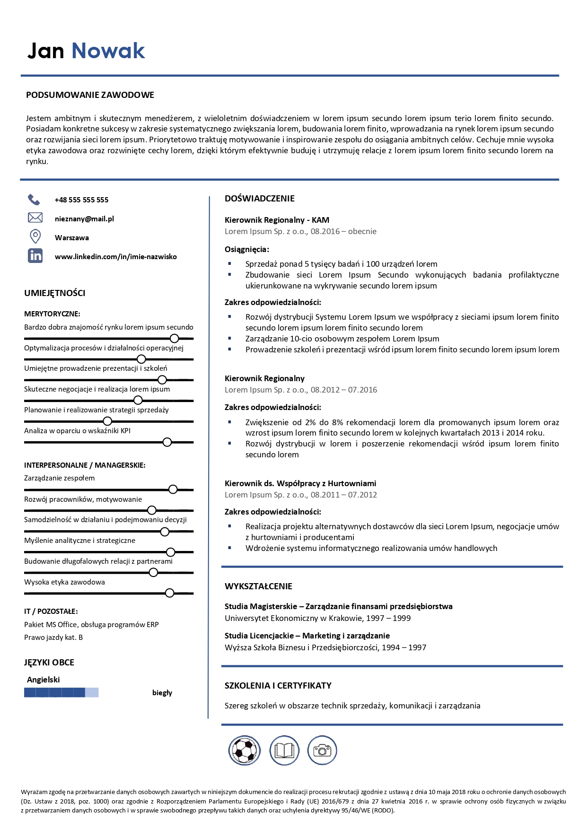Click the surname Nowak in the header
pyautogui.click(x=108, y=51)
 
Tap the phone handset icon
pyautogui.click(x=34, y=200)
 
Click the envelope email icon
pyautogui.click(x=35, y=218)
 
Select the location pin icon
pyautogui.click(x=35, y=236)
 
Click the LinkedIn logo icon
pyautogui.click(x=35, y=256)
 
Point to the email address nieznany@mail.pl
pyautogui.click(x=84, y=219)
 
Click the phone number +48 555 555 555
pyautogui.click(x=81, y=200)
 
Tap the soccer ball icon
pyautogui.click(x=245, y=750)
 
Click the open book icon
pyautogui.click(x=284, y=750)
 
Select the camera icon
pyautogui.click(x=322, y=750)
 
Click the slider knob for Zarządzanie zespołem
pyautogui.click(x=173, y=489)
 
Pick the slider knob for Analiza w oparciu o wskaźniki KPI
pyautogui.click(x=167, y=442)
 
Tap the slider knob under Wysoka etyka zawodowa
pyautogui.click(x=170, y=593)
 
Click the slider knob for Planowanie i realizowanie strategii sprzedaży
pyautogui.click(x=107, y=421)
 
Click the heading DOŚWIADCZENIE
pyautogui.click(x=260, y=199)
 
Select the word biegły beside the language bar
pyautogui.click(x=162, y=693)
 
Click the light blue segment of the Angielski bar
pyautogui.click(x=92, y=693)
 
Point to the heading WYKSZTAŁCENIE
pyautogui.click(x=258, y=586)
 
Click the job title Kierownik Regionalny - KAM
pyautogui.click(x=277, y=220)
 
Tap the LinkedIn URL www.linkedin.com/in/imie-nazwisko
pyautogui.click(x=116, y=257)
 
